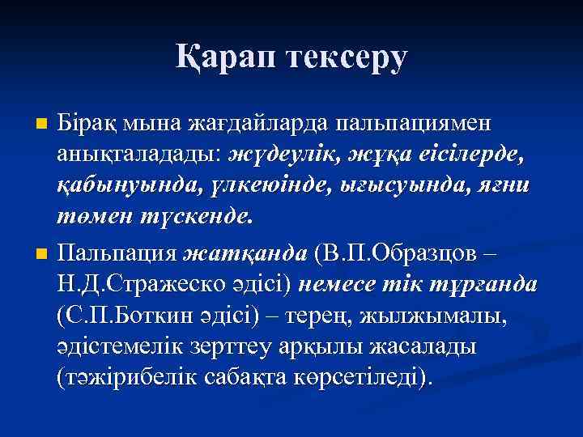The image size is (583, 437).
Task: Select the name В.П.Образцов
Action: (x=402, y=254)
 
